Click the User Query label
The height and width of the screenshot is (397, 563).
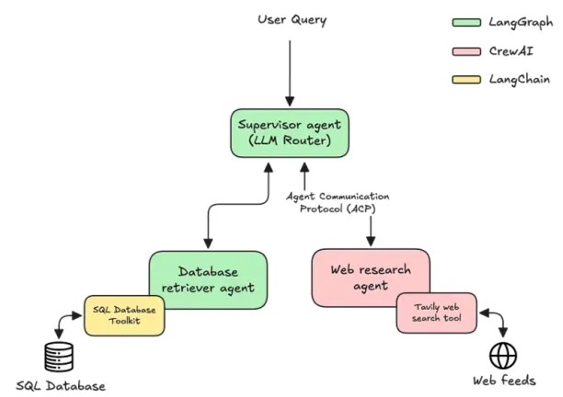pos(292,19)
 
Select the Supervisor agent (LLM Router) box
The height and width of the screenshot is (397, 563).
pos(290,133)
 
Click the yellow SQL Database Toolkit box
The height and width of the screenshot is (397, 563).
pos(124,315)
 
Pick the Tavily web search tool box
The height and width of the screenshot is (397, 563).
pos(437,312)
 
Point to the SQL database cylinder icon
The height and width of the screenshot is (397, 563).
pos(59,357)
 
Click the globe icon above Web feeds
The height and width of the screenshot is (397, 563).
pos(503,356)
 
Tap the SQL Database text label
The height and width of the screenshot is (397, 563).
pos(61,386)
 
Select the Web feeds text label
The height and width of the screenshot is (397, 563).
pos(504,380)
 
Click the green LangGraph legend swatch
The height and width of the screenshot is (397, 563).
pos(466,23)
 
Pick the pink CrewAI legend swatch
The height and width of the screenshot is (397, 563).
pos(466,51)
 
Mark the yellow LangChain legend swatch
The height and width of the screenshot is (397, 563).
pos(466,80)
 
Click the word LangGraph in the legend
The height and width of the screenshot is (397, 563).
pos(521,23)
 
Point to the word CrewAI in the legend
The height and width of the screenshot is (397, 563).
pos(511,51)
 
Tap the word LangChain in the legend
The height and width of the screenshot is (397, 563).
pos(519,79)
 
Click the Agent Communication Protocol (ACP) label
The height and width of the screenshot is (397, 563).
pos(338,202)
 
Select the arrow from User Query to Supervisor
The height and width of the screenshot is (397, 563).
pos(290,74)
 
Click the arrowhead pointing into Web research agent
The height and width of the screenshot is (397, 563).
pos(371,242)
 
